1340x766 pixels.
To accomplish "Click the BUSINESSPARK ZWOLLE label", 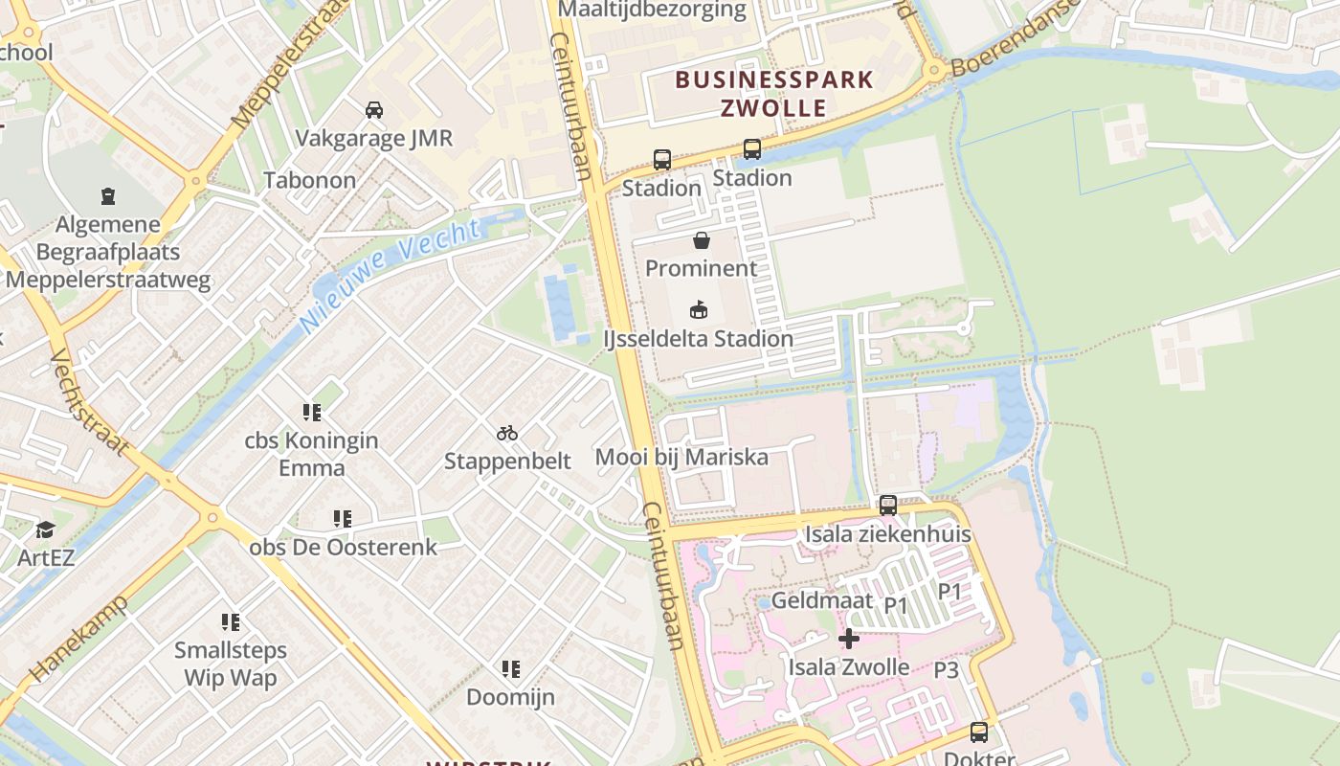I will (x=773, y=93).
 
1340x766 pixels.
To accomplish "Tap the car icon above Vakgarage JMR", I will (x=374, y=109).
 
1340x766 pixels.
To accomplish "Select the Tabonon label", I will (x=309, y=180).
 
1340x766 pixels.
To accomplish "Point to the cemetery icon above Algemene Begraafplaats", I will (x=107, y=196).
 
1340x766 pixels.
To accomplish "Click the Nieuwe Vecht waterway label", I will (x=391, y=276).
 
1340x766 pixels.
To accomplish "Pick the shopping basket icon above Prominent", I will (x=702, y=240).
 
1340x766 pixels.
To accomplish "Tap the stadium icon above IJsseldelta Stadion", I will (x=700, y=309).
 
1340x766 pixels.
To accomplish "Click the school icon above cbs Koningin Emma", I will (x=312, y=413).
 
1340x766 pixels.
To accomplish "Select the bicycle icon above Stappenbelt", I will (x=507, y=433).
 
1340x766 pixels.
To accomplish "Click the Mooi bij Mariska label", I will (x=681, y=457).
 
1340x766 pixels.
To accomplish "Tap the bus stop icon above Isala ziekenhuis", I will (x=888, y=505).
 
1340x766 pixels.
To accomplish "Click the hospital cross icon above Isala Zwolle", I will (x=848, y=639).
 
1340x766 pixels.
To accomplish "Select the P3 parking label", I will (x=946, y=669).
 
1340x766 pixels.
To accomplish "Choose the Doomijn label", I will (x=510, y=697).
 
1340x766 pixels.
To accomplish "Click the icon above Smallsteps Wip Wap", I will (x=231, y=622).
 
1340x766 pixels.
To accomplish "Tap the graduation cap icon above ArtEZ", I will (x=45, y=529).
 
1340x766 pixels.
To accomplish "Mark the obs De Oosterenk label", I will (x=343, y=548).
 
